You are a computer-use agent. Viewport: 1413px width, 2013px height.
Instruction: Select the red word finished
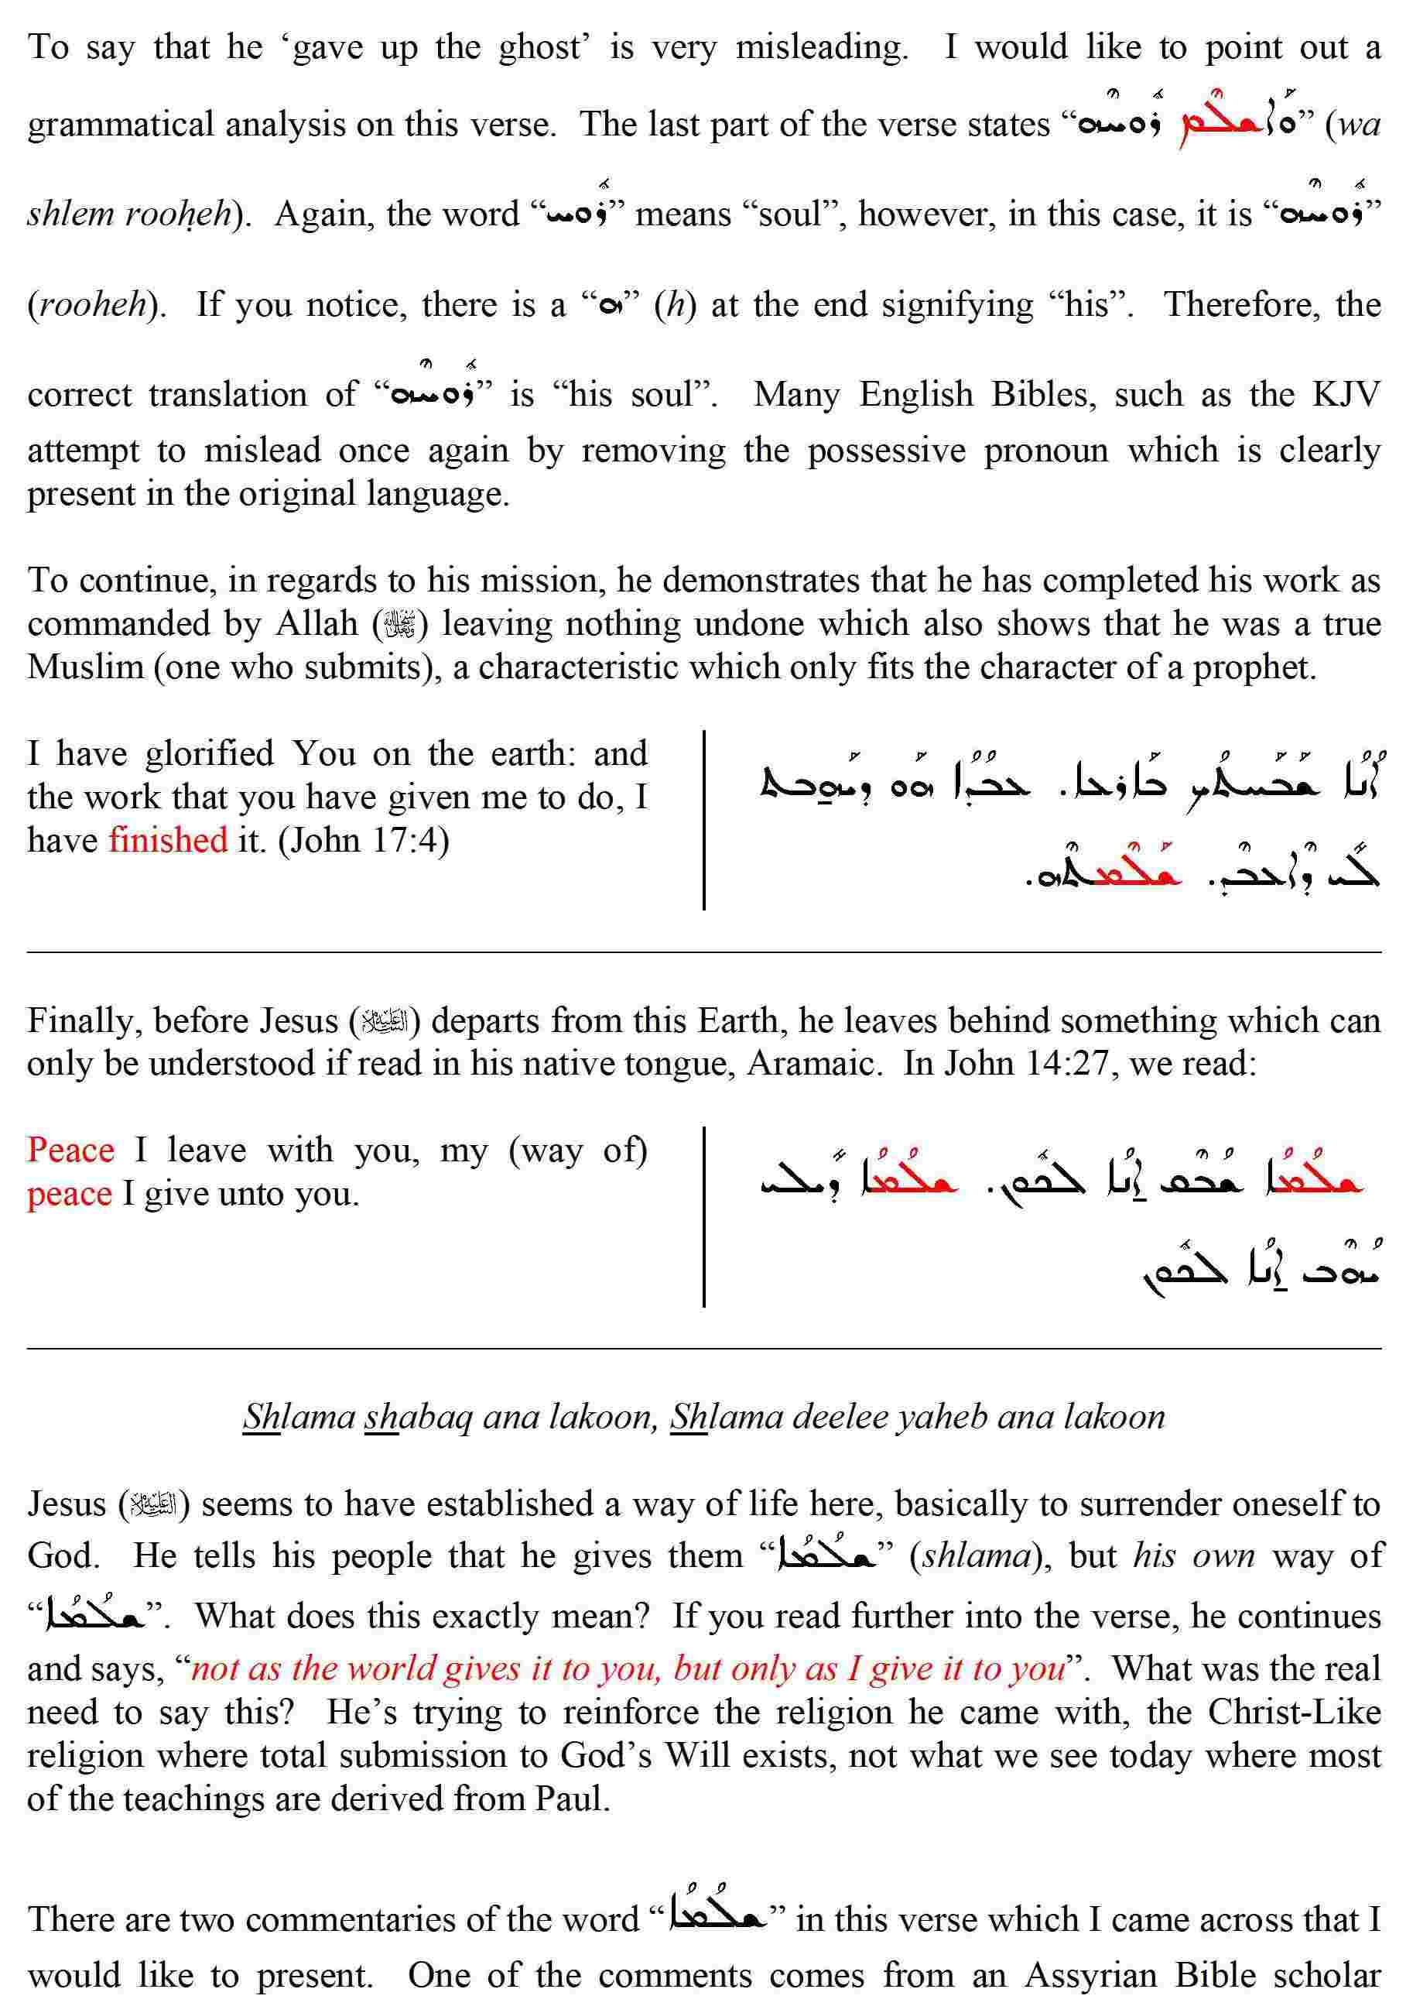167,839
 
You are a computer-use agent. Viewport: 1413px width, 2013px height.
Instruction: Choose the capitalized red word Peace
70,1150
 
